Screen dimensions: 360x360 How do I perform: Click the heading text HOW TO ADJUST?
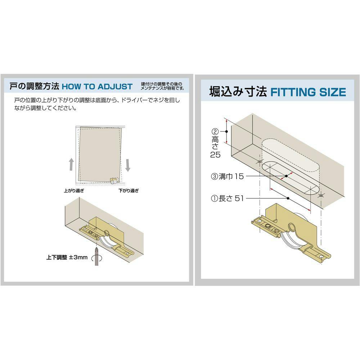(x=97, y=86)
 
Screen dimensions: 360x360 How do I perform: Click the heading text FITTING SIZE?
(x=308, y=92)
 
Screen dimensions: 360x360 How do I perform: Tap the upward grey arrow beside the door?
(x=71, y=164)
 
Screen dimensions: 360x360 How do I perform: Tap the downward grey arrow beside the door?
(x=128, y=165)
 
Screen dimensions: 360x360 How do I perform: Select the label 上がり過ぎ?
(x=74, y=190)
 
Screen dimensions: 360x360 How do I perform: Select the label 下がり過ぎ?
(x=129, y=190)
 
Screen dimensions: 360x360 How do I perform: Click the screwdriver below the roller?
(x=96, y=256)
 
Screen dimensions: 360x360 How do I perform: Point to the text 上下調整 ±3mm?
(x=67, y=257)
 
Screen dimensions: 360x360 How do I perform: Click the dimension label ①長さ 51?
(x=227, y=198)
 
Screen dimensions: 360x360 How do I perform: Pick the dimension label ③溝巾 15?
(x=227, y=176)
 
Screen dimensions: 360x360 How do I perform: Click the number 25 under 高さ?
(x=215, y=155)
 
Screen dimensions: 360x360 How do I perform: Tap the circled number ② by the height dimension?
(x=215, y=131)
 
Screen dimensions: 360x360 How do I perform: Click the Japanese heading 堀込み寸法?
(x=238, y=91)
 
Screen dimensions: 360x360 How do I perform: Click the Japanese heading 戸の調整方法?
(x=35, y=86)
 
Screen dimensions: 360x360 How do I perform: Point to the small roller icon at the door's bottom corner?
(x=114, y=180)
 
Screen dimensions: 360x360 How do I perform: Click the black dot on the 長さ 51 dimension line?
(x=288, y=198)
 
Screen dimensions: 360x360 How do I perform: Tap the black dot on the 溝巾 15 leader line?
(x=286, y=176)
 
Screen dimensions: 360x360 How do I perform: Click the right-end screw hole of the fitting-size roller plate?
(x=321, y=255)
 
